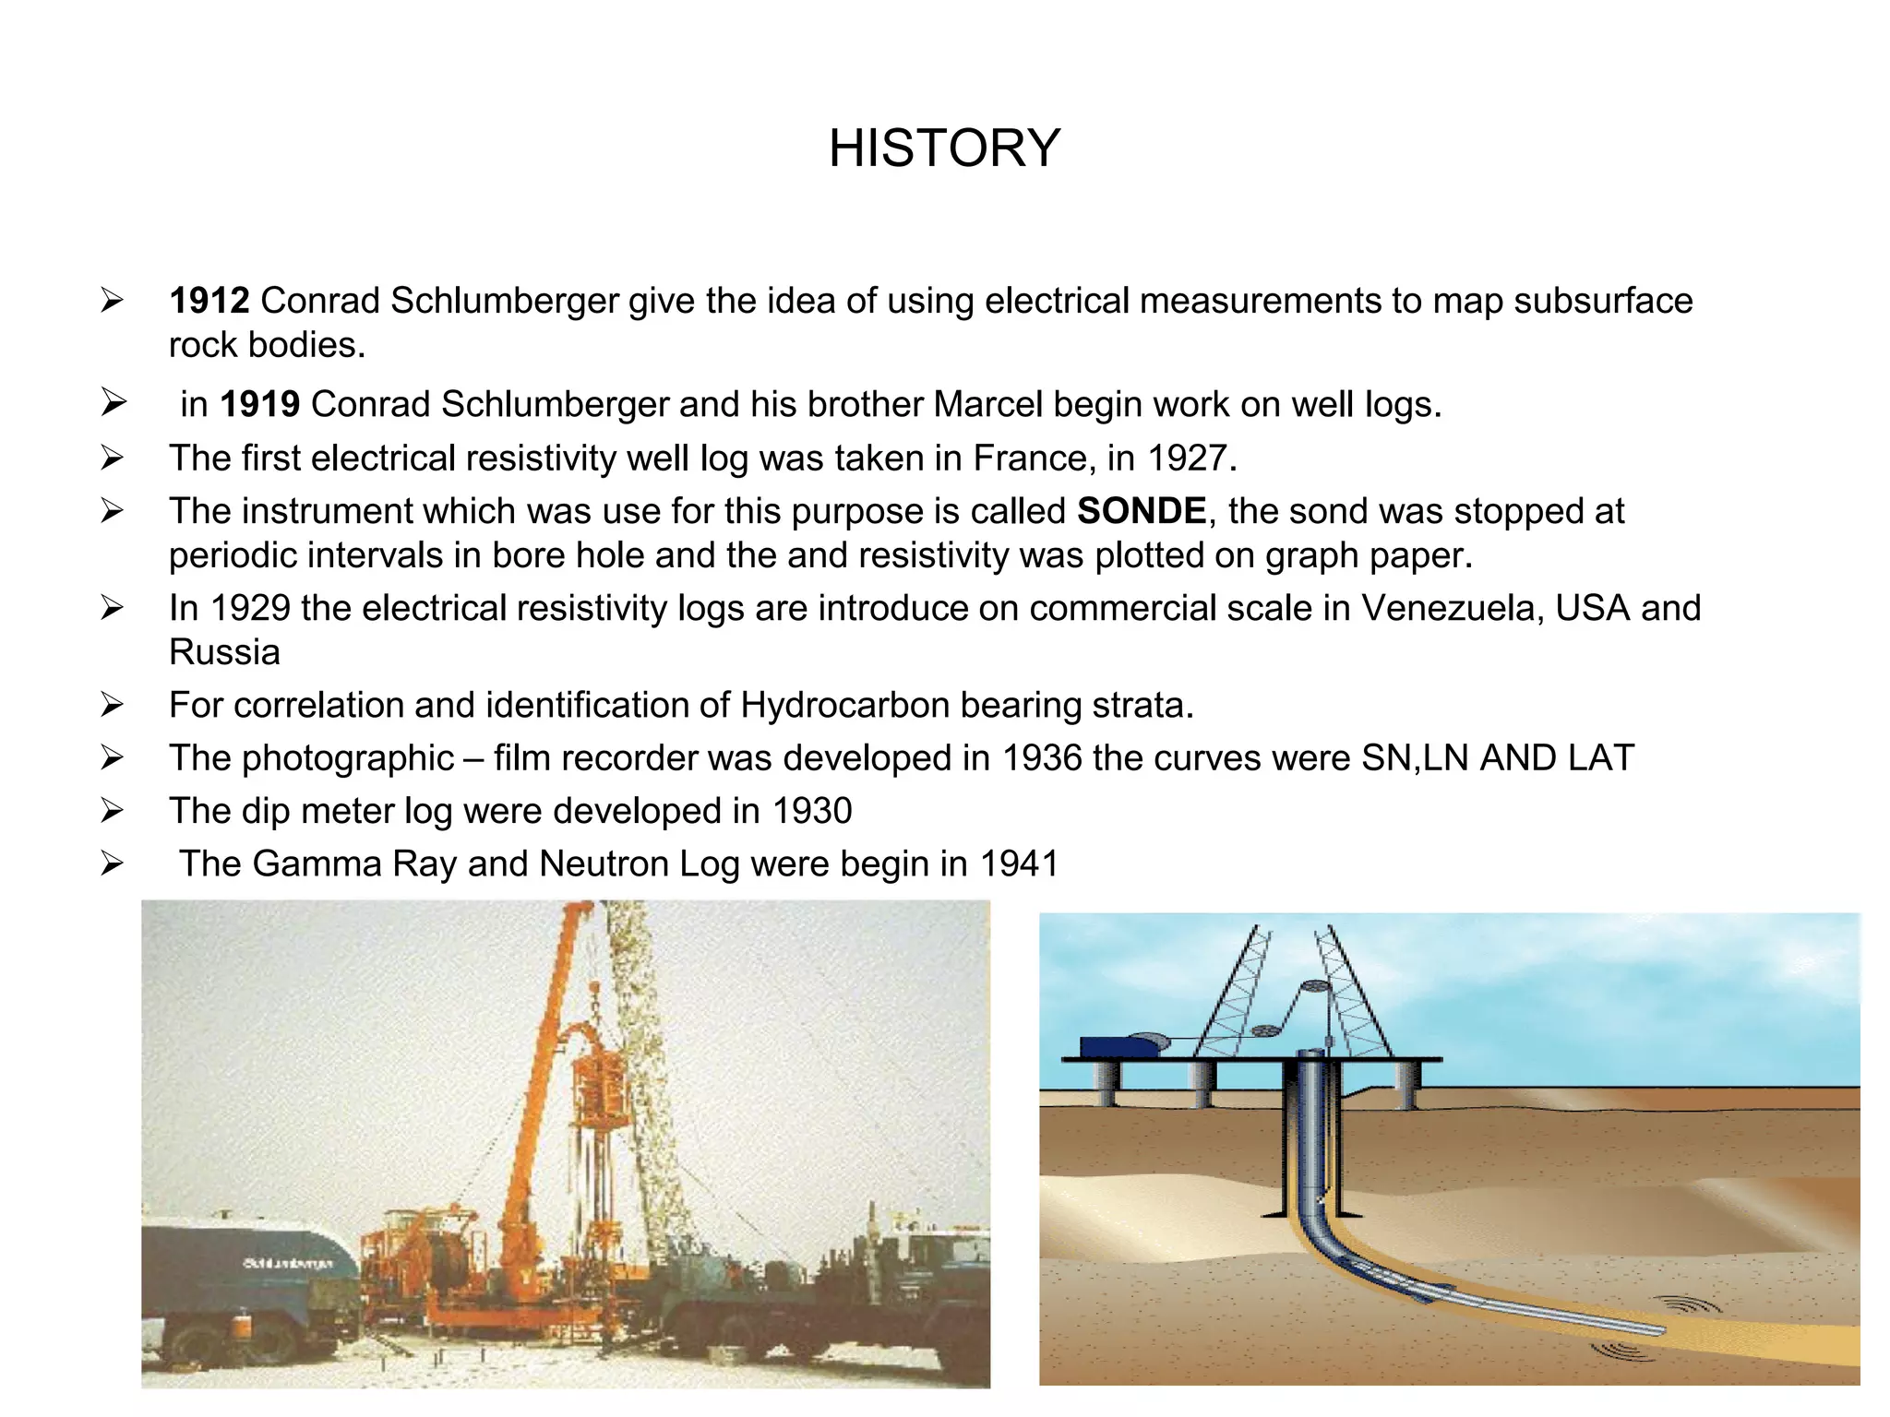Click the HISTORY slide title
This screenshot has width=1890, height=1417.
pos(944,149)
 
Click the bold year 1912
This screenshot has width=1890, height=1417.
pos(209,301)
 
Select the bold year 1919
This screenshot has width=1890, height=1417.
pos(259,404)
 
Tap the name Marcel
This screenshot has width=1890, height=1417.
pos(987,404)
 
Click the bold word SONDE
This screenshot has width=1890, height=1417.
pos(1142,511)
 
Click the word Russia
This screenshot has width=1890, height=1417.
pos(224,652)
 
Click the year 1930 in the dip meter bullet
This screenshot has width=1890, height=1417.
pos(811,811)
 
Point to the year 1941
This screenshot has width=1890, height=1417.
pos(1018,863)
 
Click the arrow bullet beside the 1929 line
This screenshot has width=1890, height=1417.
pos(112,608)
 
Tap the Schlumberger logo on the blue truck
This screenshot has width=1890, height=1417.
pos(287,1262)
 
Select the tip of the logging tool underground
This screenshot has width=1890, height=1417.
pos(1658,1329)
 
